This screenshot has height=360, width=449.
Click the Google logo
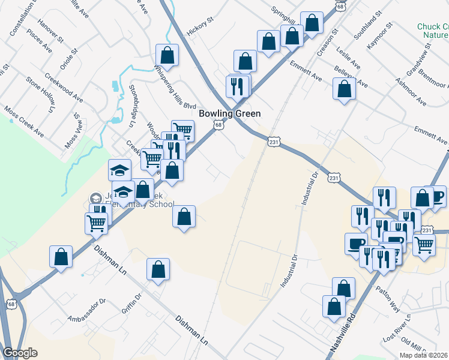click(x=20, y=353)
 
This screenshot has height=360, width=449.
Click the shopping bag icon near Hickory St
click(x=168, y=55)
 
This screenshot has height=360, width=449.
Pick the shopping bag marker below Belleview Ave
click(x=345, y=90)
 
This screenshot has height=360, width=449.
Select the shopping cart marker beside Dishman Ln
click(x=97, y=224)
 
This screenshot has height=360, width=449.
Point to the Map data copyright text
click(x=424, y=355)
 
